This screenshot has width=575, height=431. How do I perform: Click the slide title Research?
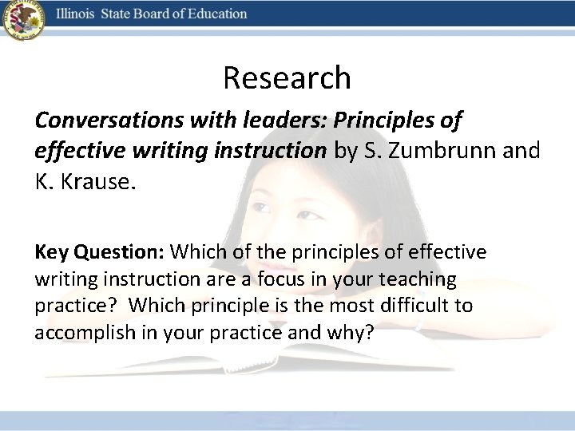pyautogui.click(x=287, y=78)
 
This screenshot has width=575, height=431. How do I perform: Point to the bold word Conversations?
pyautogui.click(x=99, y=120)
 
